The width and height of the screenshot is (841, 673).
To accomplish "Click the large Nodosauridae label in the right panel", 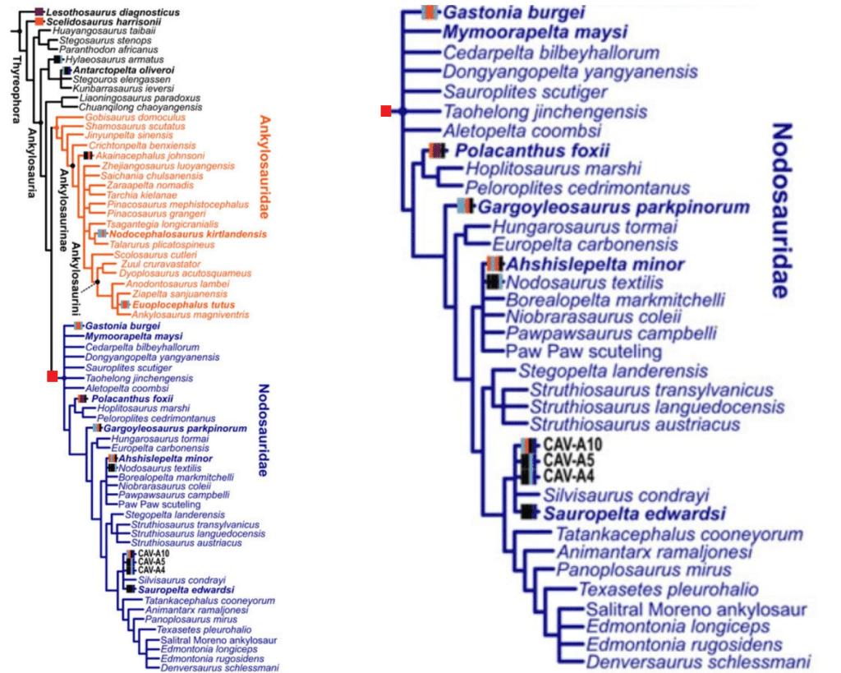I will [782, 210].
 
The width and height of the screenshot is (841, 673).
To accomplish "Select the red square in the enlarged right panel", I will [386, 110].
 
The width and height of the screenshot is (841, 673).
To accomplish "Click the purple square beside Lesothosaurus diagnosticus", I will [39, 12].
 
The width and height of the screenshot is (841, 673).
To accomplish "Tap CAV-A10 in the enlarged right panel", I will [573, 445].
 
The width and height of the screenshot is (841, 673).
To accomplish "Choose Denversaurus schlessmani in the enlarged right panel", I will [698, 661].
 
